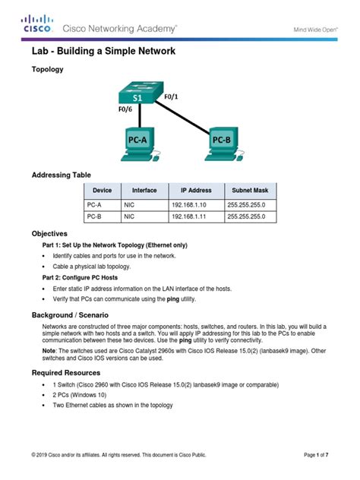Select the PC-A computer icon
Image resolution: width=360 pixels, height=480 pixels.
tap(139, 144)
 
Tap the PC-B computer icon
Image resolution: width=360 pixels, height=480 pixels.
tap(220, 144)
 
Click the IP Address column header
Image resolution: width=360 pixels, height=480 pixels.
tap(196, 190)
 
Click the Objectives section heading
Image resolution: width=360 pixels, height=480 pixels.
tap(49, 234)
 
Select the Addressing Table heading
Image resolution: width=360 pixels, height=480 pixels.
tap(61, 175)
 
